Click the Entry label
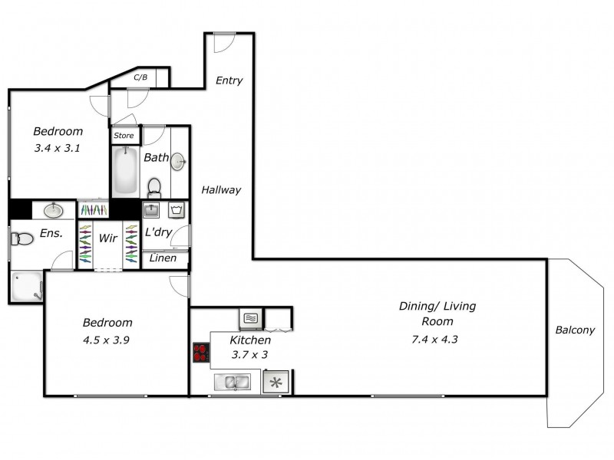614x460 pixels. [x=229, y=80]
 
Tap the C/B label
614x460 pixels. [x=140, y=77]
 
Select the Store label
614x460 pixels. [x=124, y=136]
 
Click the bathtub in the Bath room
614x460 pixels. [x=124, y=171]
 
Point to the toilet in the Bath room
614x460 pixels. [x=154, y=187]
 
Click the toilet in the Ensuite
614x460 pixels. [x=22, y=238]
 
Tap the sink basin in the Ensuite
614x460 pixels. [x=54, y=210]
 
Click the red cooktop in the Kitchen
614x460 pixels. [x=201, y=352]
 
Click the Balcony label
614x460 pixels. [x=575, y=330]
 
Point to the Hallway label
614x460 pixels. [x=221, y=190]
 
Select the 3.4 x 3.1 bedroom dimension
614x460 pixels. [x=57, y=149]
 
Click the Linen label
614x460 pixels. [x=163, y=258]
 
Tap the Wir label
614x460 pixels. [x=107, y=238]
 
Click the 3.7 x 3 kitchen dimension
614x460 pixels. [x=249, y=355]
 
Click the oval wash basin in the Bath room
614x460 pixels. [x=179, y=162]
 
